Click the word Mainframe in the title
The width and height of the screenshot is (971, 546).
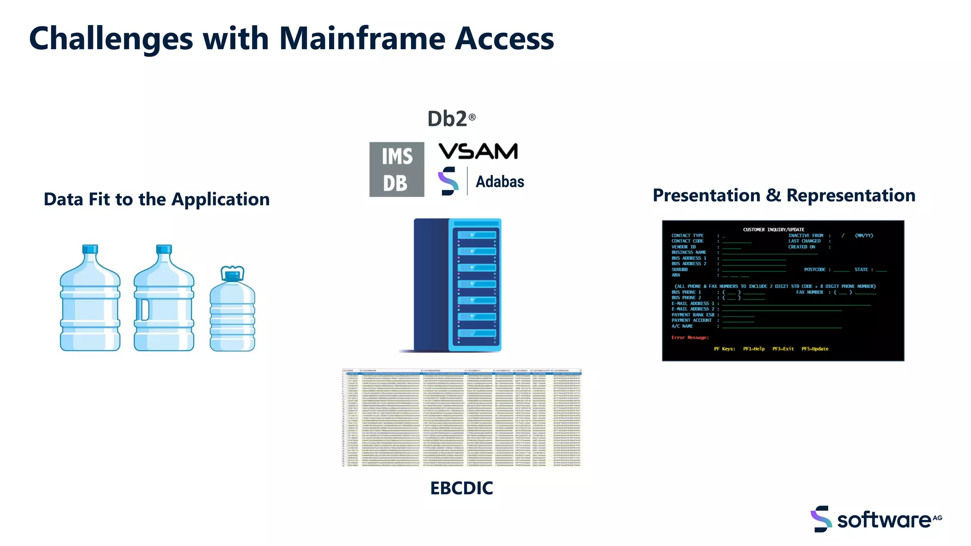point(362,39)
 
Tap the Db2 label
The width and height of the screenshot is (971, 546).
point(448,119)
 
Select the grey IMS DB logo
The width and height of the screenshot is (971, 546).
point(397,169)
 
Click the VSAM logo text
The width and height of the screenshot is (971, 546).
point(478,152)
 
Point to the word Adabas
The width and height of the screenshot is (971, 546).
point(500,182)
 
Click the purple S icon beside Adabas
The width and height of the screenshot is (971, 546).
point(448,181)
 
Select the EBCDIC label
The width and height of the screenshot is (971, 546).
point(461,488)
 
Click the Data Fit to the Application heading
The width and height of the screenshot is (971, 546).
point(156,200)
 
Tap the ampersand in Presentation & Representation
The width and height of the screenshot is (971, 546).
point(773,196)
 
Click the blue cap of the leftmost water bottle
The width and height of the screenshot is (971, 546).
point(90,249)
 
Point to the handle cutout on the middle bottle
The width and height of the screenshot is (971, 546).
point(145,309)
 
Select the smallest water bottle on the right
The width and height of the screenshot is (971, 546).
point(232,310)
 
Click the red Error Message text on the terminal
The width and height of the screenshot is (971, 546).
point(689,337)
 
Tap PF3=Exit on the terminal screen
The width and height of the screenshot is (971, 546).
point(783,349)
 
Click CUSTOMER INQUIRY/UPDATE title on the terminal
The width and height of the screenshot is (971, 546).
point(773,229)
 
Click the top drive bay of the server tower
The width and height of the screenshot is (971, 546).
point(476,235)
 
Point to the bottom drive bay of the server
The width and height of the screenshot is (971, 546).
point(476,333)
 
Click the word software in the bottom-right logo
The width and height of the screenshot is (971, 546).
point(884,520)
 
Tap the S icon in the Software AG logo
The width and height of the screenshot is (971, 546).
point(821,519)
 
